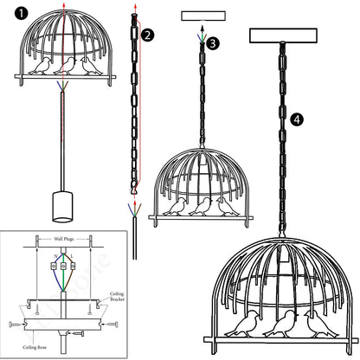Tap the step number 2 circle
[x=148, y=35]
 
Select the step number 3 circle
[x=213, y=42]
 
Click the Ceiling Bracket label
[x=118, y=297]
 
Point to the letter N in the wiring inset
[x=55, y=256]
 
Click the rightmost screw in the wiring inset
[x=115, y=325]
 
